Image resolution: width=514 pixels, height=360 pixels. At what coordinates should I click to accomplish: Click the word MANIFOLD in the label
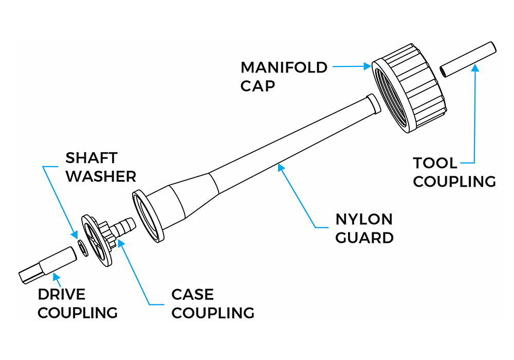point(284,67)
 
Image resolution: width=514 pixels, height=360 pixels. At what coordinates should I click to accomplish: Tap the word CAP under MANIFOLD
point(258,85)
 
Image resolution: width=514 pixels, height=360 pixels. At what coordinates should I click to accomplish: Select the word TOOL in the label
point(435,164)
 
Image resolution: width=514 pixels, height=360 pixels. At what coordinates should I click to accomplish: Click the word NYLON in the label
point(364,220)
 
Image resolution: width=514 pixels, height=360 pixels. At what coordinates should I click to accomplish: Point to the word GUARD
point(364,238)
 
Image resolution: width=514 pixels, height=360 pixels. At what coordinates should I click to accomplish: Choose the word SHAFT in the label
point(91,158)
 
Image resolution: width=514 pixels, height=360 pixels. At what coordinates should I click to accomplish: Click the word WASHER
point(101,176)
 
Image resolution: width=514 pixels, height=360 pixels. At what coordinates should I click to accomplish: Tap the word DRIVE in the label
point(62,295)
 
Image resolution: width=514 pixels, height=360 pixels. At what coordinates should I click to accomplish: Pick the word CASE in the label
point(192,295)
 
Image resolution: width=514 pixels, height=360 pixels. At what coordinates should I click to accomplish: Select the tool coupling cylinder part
point(468,60)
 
